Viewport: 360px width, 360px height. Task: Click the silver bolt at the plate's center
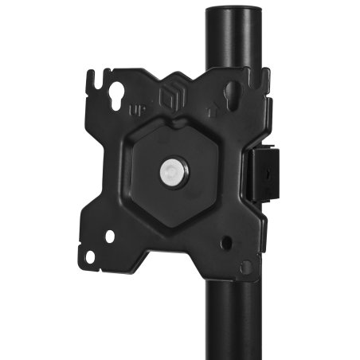[x=173, y=170]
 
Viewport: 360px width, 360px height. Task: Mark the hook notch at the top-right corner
[x=256, y=80]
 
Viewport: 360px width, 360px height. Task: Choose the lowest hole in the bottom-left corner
[x=91, y=256]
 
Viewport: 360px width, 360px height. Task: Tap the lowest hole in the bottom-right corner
[x=246, y=266]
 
